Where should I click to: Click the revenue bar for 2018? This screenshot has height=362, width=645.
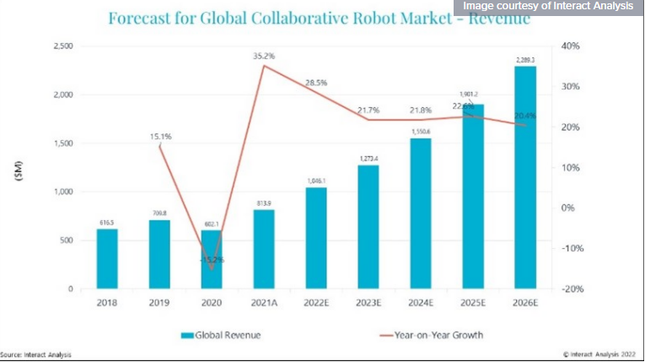tap(107, 259)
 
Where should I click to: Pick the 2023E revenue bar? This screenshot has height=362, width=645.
tap(368, 227)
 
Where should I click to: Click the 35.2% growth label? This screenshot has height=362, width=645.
tap(264, 56)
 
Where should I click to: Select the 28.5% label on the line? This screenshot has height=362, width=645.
tap(316, 83)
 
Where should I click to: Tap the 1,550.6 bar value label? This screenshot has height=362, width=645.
tap(421, 132)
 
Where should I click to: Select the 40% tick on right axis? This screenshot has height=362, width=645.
tap(571, 46)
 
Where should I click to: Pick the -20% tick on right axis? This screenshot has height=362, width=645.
tap(571, 289)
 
